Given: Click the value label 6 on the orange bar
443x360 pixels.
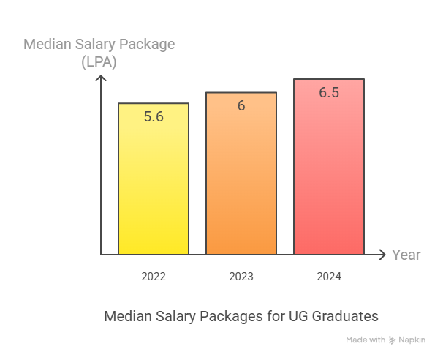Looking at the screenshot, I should tap(241, 105).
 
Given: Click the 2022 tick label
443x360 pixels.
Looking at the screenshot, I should tap(154, 277).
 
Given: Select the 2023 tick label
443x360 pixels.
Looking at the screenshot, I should tap(241, 277).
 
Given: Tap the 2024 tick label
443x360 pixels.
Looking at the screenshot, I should tap(329, 277).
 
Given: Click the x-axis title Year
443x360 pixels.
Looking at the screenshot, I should tap(406, 255).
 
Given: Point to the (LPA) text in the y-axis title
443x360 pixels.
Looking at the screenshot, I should tap(99, 61).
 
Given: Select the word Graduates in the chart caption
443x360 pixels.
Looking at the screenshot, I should tap(346, 317).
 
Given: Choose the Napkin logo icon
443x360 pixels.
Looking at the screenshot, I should tap(393, 340).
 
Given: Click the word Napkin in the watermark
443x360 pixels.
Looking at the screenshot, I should tap(412, 340).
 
